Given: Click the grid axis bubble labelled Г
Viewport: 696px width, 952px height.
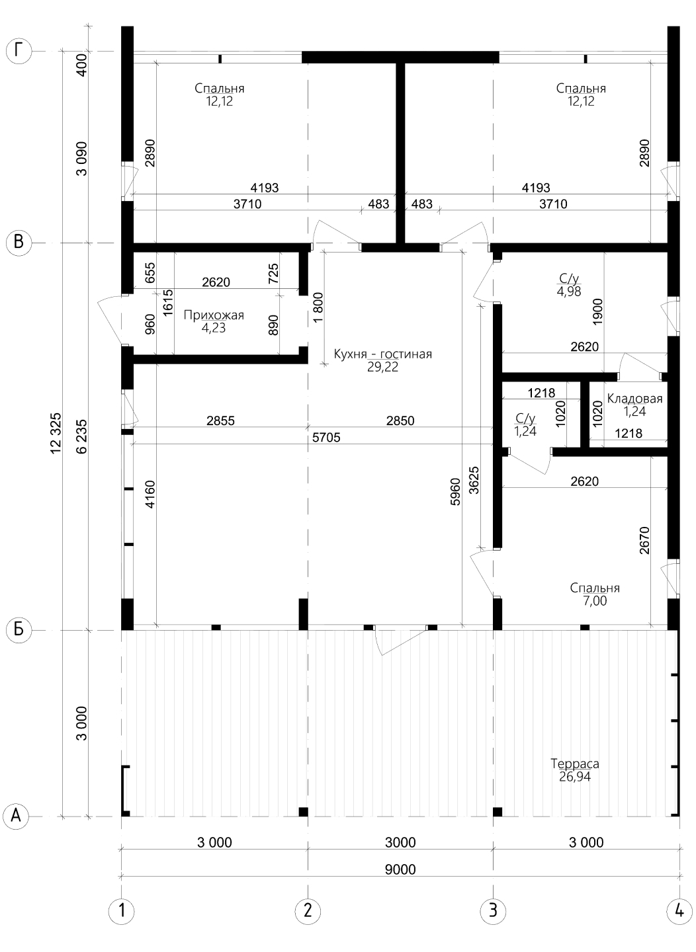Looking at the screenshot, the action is point(19,52).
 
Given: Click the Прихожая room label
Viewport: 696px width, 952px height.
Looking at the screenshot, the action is point(214,315).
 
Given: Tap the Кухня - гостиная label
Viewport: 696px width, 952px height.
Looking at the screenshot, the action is point(382,354).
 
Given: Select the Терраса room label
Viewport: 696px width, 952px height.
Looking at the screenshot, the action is point(575,764).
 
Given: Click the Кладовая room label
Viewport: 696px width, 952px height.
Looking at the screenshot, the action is point(634,398).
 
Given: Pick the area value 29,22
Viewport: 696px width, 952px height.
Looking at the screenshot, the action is point(382,367).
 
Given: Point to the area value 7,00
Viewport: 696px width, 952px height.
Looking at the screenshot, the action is point(595,601).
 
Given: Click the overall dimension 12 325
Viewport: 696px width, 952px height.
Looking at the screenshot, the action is point(56,434).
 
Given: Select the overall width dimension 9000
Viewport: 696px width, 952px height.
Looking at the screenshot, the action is point(400,869).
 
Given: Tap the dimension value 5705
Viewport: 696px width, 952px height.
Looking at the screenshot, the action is point(326,438).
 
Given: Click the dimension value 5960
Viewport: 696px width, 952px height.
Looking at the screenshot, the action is point(455,492).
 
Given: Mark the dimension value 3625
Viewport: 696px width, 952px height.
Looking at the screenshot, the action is point(474,480).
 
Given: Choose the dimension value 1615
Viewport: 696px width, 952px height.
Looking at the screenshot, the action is point(168,302).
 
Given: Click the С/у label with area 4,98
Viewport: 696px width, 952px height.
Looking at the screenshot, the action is point(569,278).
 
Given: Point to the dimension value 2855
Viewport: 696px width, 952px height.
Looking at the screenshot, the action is point(220,420).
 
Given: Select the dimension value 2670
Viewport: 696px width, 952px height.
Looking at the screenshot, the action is point(644,540).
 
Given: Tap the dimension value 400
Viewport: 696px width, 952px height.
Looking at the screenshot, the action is point(83,65).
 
